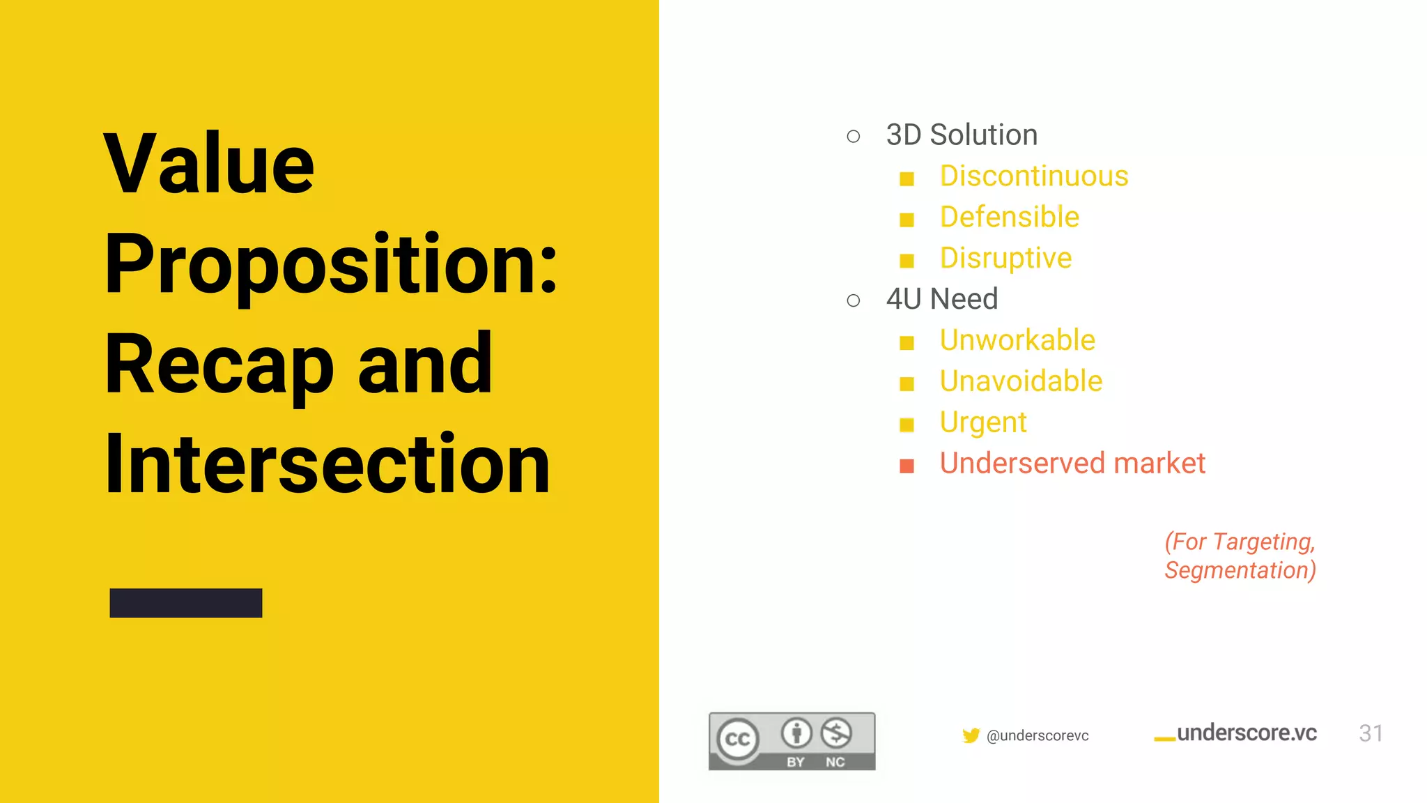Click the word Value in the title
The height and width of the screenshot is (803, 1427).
[x=209, y=165]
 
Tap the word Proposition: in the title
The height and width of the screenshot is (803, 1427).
[x=331, y=265]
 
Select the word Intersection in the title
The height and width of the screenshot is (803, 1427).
[x=327, y=464]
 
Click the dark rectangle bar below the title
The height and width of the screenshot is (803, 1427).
[x=186, y=603]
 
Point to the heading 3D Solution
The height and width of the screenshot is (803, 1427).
[x=962, y=135]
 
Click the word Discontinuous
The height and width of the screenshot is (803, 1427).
[x=1033, y=176]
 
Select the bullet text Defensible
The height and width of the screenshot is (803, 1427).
[x=1009, y=217]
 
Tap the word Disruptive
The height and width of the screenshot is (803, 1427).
[x=1005, y=259]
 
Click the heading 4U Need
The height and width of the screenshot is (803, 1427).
[x=941, y=300]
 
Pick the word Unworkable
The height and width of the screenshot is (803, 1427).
[x=1017, y=341]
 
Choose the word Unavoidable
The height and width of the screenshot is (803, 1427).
[x=1021, y=382]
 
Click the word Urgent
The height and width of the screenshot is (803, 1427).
[x=982, y=423]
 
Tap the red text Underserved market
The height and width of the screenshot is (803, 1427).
[x=1072, y=464]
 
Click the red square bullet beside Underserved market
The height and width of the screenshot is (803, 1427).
[x=907, y=466]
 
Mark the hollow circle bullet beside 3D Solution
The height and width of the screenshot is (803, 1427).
[x=854, y=137]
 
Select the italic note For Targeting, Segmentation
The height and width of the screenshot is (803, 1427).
[x=1240, y=556]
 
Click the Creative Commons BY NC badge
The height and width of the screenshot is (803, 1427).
[x=792, y=741]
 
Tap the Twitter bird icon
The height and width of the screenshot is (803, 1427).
[x=971, y=735]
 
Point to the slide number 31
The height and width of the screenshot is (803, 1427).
[x=1371, y=733]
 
